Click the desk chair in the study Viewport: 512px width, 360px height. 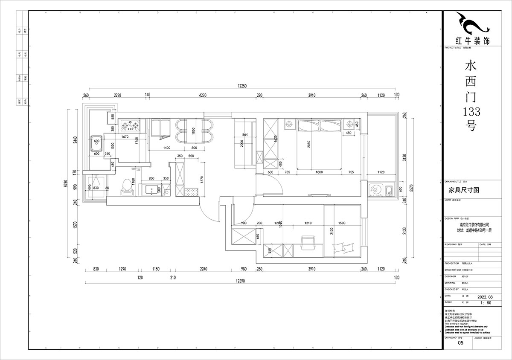pyautogui.click(x=307, y=242)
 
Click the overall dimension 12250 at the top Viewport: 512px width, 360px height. pyautogui.click(x=242, y=86)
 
